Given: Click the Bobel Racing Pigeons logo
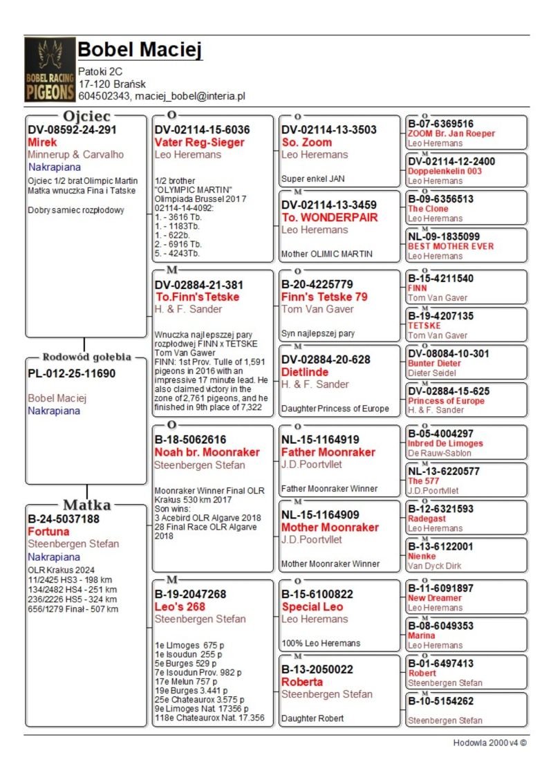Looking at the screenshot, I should [50, 69].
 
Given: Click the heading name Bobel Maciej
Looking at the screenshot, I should [140, 50].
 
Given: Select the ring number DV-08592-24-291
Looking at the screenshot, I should [72, 129].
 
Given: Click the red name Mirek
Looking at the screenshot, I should [42, 142].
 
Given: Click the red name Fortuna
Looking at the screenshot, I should [48, 532].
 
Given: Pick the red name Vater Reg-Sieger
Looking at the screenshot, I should [199, 142].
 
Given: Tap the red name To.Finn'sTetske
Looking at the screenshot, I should [198, 297].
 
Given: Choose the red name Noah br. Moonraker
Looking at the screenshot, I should [207, 452].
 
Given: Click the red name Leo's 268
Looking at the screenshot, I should [180, 606].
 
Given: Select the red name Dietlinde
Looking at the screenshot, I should [305, 372].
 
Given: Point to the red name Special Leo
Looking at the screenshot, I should [312, 606].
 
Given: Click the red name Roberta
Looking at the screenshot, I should [302, 682].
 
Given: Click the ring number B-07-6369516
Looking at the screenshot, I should [440, 124].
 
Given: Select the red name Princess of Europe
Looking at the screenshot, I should [446, 401].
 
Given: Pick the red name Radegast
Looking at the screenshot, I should [427, 519].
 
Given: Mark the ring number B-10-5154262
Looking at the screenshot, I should [440, 701].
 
